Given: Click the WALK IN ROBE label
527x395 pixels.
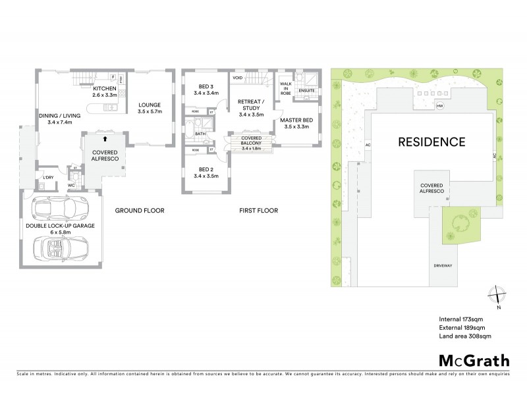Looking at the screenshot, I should [286, 89].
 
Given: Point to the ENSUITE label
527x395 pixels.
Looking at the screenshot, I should [306, 90].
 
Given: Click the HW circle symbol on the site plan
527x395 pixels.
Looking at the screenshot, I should [439, 106].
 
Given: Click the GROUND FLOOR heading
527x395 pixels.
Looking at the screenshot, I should [139, 211].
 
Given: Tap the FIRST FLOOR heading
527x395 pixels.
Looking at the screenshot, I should [258, 211].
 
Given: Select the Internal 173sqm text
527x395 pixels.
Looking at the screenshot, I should [460, 319].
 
